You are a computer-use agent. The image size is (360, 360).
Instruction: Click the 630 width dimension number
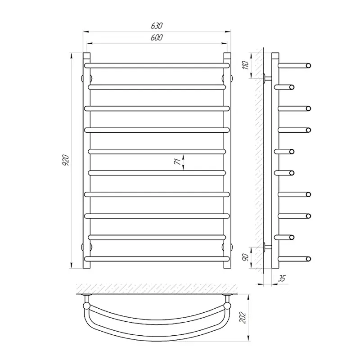[x=157, y=26]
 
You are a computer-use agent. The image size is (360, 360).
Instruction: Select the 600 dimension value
[x=157, y=37]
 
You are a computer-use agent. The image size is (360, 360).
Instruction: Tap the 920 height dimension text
[x=66, y=161]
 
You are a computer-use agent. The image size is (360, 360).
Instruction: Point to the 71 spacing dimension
[x=177, y=162]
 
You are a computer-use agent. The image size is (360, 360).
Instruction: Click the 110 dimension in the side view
[x=245, y=65]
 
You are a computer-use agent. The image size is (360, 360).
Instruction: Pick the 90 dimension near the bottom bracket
[x=245, y=257]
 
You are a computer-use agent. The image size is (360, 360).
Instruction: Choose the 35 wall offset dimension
[x=282, y=279]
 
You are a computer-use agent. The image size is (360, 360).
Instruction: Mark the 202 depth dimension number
[x=243, y=318]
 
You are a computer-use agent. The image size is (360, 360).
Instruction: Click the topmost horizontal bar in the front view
[x=157, y=66]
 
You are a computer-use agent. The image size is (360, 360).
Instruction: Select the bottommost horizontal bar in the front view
[x=157, y=259]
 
